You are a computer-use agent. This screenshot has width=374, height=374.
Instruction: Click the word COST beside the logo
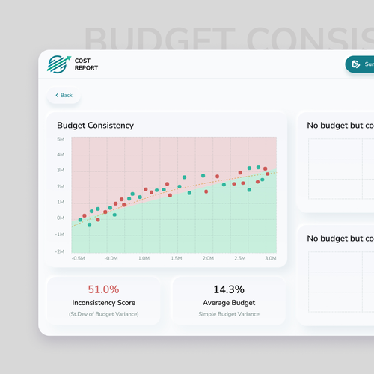point(82,61)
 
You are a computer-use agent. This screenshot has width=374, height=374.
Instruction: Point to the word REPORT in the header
point(86,69)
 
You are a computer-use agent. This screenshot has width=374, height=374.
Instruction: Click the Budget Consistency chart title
point(95,126)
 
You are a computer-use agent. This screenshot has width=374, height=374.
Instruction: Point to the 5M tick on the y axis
point(60,139)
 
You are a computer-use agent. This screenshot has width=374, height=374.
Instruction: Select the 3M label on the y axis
point(60,171)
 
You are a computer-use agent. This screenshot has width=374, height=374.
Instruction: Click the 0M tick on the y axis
point(60,218)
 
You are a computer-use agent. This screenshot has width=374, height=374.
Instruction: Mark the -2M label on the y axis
point(59,252)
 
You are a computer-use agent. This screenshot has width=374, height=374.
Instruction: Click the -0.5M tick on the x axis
point(79,258)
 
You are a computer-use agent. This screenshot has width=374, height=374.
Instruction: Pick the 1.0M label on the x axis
point(144,258)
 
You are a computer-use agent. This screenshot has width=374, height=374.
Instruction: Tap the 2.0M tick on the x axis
point(208,258)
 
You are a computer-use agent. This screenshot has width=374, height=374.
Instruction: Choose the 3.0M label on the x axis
point(272,258)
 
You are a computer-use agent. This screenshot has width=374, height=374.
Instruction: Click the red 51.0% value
point(103,289)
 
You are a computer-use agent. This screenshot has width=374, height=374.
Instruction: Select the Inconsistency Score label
point(103,303)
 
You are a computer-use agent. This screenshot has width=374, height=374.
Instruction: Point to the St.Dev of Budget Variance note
point(103,314)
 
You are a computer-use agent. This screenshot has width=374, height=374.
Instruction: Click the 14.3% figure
point(229,289)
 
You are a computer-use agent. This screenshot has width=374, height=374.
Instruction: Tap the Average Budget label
point(229,303)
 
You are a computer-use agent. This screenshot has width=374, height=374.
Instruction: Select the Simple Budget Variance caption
point(229,314)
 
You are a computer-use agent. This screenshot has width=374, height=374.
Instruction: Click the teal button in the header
point(361,64)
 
